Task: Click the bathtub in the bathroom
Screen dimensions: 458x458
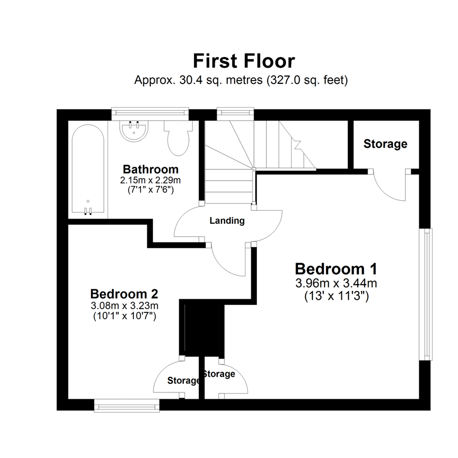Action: pos(88,170)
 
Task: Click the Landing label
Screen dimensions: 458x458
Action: pos(227,221)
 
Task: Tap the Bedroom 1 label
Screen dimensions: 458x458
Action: pos(336,269)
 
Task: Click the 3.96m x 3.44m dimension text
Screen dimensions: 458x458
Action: pos(336,283)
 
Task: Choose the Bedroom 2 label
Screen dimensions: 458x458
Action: pos(124,293)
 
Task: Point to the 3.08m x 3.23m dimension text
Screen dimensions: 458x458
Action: pos(124,305)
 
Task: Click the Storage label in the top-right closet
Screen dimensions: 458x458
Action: pos(385,144)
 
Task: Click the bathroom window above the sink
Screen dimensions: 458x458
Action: pos(150,112)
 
